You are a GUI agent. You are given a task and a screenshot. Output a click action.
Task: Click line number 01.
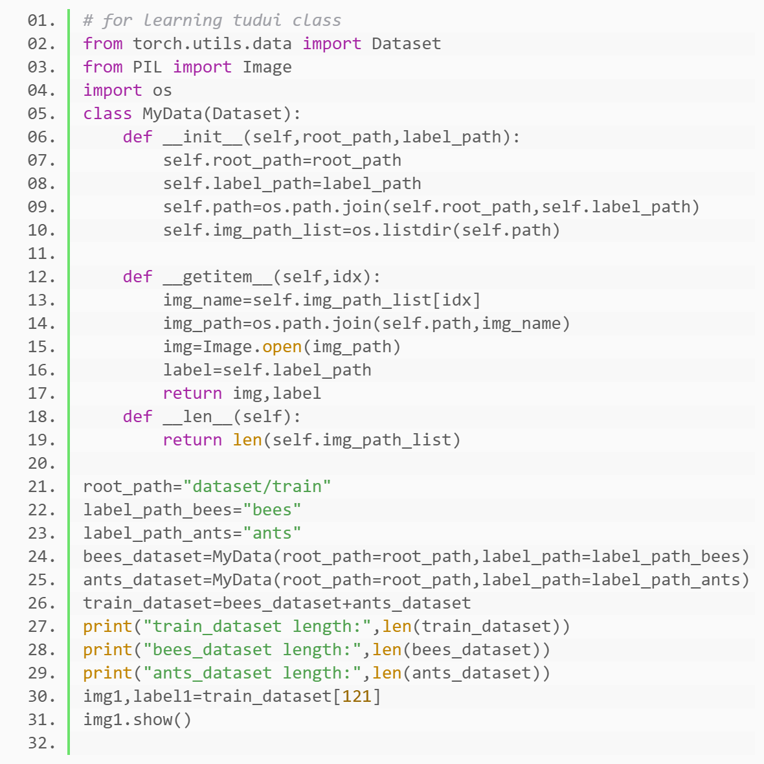[x=41, y=21]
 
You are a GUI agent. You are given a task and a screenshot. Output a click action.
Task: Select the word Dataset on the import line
[x=406, y=44]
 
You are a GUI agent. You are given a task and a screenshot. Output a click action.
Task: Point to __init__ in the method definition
[x=202, y=137]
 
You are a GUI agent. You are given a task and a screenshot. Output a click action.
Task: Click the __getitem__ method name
[x=218, y=277]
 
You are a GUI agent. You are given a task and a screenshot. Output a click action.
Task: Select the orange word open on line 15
[x=282, y=347]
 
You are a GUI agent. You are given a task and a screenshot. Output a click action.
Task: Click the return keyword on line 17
[x=192, y=394]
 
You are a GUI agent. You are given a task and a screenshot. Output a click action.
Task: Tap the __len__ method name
[x=197, y=417]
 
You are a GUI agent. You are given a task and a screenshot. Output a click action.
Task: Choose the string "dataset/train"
[x=257, y=487]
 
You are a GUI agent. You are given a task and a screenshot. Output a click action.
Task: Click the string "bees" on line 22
[x=272, y=510]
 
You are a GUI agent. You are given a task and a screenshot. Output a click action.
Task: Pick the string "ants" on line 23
[x=272, y=534]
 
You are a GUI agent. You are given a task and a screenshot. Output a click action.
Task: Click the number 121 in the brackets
[x=357, y=697]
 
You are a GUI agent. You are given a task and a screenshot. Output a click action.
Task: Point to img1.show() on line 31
[x=137, y=720]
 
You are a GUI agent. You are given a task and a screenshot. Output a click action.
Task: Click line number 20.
[x=41, y=464]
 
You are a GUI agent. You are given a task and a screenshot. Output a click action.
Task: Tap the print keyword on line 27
[x=107, y=627]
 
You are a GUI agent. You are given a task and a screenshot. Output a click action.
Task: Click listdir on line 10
[x=412, y=230]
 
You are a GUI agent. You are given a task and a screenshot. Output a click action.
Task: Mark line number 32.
[x=41, y=743]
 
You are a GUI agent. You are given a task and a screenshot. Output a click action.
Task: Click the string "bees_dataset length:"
[x=252, y=650]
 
